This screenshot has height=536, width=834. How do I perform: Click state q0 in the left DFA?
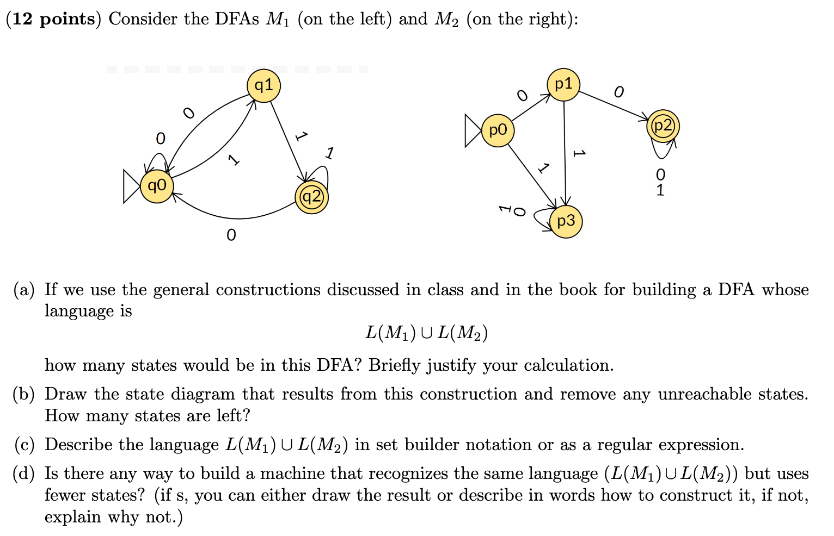(x=157, y=186)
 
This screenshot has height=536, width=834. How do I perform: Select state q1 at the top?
(x=263, y=85)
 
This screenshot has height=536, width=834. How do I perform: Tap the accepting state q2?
(x=311, y=197)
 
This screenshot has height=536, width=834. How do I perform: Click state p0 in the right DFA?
(x=498, y=130)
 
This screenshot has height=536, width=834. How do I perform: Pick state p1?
(x=563, y=84)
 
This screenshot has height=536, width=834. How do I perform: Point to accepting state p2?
(x=663, y=126)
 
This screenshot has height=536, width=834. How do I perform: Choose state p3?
(x=566, y=221)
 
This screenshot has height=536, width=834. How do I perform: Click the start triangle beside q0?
(x=131, y=186)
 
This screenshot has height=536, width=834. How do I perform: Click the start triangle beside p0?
(x=472, y=130)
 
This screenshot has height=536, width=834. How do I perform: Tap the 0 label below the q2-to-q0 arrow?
(x=231, y=235)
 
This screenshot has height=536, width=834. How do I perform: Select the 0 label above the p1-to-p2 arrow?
(x=618, y=92)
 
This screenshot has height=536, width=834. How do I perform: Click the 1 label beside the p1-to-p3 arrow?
(x=579, y=154)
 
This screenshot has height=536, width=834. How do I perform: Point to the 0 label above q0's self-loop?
(x=160, y=139)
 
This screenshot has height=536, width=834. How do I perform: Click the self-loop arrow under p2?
(x=663, y=151)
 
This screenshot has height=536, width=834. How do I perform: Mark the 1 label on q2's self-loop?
(x=329, y=153)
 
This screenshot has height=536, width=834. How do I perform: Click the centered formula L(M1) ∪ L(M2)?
(x=426, y=332)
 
